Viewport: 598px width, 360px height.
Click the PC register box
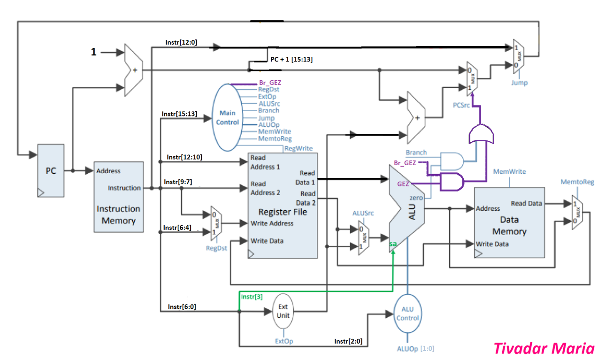51,171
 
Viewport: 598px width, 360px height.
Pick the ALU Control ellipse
407,314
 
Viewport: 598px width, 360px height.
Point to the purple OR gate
481,135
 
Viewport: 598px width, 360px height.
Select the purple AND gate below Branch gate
451,182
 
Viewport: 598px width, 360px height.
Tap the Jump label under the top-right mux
519,83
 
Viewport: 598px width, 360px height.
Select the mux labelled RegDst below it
215,224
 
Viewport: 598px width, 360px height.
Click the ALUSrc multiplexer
363,238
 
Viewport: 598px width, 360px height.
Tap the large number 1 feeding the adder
93,52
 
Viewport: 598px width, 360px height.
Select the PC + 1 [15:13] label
291,60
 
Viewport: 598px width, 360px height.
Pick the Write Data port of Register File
267,241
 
